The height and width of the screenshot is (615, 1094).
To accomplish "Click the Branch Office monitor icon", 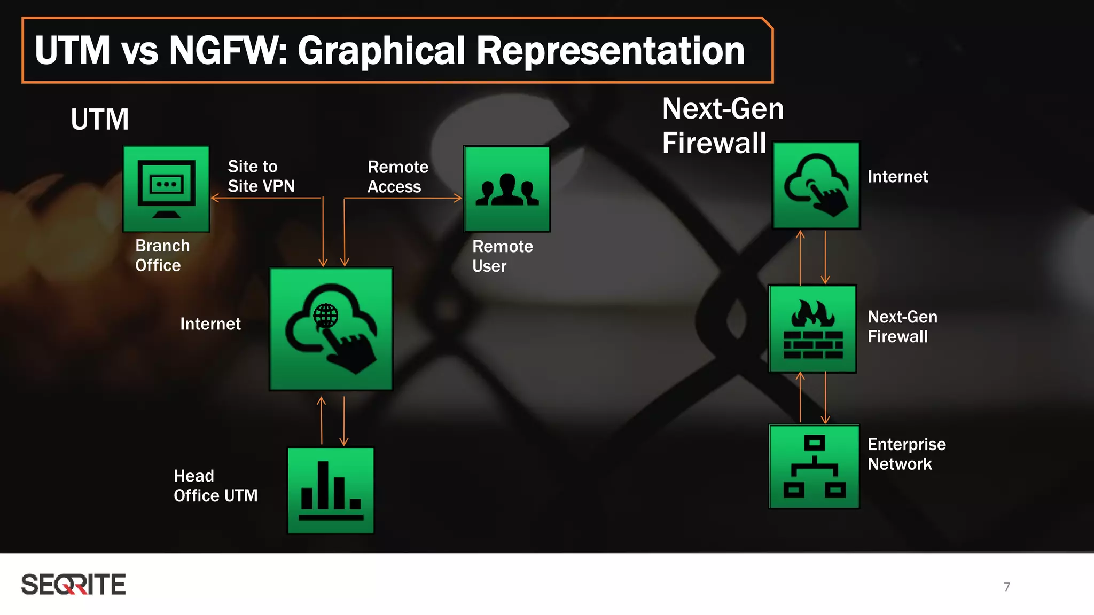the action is [166, 189].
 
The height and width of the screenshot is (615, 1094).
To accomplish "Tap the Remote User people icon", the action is [507, 189].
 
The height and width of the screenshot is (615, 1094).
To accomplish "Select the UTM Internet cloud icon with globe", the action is [331, 329].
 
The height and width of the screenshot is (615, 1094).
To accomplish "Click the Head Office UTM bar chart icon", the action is [331, 490].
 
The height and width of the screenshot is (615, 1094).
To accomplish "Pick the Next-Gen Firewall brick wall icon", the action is [812, 329].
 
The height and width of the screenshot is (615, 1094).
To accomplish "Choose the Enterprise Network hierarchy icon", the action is [814, 467].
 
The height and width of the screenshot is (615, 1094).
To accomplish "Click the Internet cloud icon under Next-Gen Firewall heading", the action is [816, 185].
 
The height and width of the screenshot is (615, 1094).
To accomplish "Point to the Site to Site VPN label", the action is [261, 176].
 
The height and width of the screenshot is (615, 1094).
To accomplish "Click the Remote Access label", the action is [397, 177].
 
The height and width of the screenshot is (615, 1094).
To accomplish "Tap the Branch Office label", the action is [162, 255].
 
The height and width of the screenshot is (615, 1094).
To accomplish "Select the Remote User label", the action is [502, 256].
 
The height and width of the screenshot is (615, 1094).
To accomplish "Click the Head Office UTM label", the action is [215, 486].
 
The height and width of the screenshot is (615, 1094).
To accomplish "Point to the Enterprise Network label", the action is [907, 454].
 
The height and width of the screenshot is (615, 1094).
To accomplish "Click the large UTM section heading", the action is [100, 119].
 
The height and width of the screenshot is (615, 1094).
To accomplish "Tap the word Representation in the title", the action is [610, 51].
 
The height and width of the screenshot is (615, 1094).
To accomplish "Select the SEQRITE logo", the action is [74, 585].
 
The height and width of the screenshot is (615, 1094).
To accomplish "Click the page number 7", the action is [1007, 587].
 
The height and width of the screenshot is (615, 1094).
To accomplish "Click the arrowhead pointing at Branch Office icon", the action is [214, 198].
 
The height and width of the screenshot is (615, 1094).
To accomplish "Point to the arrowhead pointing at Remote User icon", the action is [458, 198].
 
